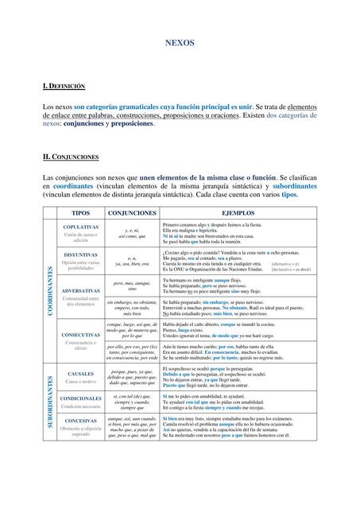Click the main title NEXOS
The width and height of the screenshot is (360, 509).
pyautogui.click(x=180, y=48)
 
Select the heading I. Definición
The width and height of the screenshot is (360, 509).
pyautogui.click(x=64, y=84)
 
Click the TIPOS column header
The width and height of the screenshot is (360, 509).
pyautogui.click(x=80, y=213)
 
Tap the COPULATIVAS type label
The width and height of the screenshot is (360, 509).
pyautogui.click(x=80, y=227)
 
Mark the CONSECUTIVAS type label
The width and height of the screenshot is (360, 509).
pyautogui.click(x=80, y=335)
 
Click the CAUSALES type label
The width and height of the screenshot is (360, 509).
pyautogui.click(x=80, y=373)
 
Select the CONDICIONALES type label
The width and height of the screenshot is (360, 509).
pyautogui.click(x=80, y=398)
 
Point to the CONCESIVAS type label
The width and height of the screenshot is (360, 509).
pyautogui.click(x=80, y=421)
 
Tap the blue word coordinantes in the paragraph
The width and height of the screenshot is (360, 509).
pyautogui.click(x=77, y=185)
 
